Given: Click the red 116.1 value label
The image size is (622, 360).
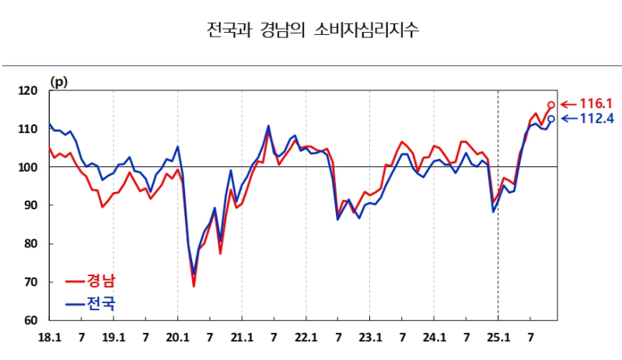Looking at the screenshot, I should [x=596, y=103].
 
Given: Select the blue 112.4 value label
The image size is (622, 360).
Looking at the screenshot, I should [x=596, y=119].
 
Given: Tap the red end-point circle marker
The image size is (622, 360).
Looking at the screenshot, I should [x=551, y=104].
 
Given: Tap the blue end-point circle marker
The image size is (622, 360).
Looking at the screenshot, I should [x=551, y=118].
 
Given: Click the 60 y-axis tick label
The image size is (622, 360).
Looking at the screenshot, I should [x=31, y=320].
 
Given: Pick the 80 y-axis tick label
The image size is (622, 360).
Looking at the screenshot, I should [x=31, y=243].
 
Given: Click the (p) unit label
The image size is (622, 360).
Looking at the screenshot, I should [x=59, y=81].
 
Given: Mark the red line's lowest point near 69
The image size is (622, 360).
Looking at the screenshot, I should [x=194, y=286].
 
